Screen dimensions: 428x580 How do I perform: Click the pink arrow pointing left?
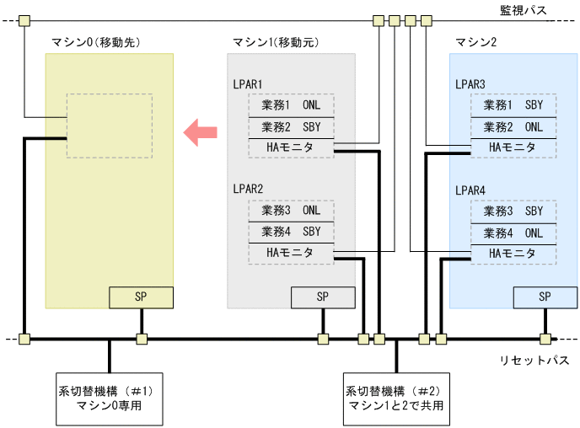pos(201,131)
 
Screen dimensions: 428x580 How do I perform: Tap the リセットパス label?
pos(534,361)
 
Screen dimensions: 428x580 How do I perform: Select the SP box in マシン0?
pos(141,297)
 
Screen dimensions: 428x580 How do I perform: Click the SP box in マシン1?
pos(323,297)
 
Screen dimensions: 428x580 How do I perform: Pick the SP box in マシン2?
pos(545,297)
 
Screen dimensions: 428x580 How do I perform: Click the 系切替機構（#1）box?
pos(109,398)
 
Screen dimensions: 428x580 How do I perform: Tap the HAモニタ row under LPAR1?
pos(290,148)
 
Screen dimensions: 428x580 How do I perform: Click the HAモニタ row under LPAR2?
pos(290,253)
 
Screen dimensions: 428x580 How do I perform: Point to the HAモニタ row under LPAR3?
pos(513,148)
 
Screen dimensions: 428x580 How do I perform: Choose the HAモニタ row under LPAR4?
pos(513,253)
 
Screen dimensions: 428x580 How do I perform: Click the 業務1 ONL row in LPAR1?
pos(290,106)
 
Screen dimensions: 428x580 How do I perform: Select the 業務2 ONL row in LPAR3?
pos(513,127)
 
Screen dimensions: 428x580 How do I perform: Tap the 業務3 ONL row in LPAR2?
pos(290,211)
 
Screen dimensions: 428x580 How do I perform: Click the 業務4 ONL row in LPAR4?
pos(513,232)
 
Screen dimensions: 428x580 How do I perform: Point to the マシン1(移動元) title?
pos(274,42)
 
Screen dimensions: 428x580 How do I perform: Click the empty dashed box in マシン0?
pos(110,126)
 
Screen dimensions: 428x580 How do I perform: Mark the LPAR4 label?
pos(470,190)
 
